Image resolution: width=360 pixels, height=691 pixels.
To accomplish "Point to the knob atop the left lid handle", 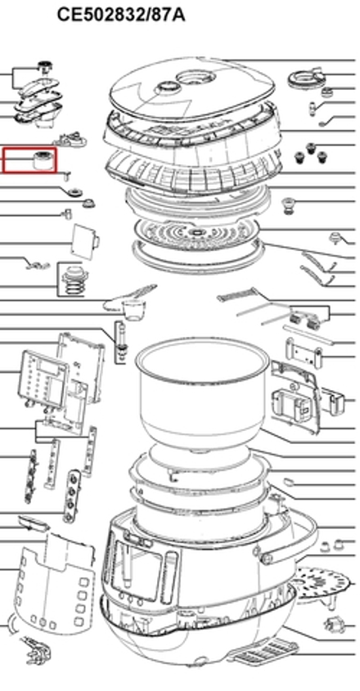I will [x=44, y=67].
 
